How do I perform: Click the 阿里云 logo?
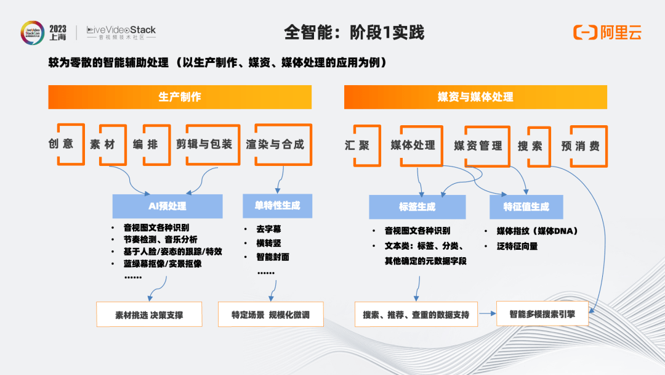pos(607,33)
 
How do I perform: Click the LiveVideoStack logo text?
pos(121,30)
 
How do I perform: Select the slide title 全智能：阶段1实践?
pos(354,32)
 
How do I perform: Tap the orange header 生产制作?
pos(180,97)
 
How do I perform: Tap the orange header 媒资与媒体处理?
pos(475,97)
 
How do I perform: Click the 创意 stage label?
pos(61,144)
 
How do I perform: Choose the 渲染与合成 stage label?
pos(275,144)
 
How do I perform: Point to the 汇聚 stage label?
pos(357,146)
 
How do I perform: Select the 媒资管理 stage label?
pos(478,146)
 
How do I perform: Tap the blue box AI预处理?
pos(167,206)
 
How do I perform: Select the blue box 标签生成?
pos(417,207)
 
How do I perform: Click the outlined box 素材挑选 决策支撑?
pos(149,315)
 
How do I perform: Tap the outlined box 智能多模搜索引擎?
pos(542,313)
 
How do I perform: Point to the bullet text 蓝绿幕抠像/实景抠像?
pos(163,263)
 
